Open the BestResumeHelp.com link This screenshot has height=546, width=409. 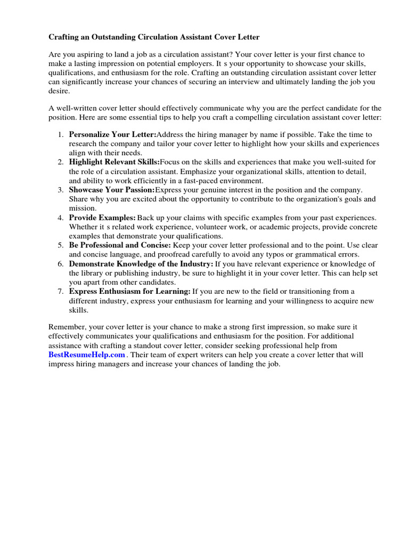point(87,355)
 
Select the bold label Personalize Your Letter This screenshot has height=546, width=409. point(112,134)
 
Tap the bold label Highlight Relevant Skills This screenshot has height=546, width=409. point(114,162)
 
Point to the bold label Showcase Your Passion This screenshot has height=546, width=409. point(111,189)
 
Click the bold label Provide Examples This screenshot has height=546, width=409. point(102,218)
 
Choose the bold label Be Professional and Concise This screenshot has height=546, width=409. point(120,245)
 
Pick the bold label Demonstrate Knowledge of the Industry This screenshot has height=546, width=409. point(141,264)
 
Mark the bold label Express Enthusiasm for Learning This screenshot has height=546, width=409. point(129,291)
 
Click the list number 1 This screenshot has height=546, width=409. point(61,134)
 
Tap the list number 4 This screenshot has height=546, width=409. point(61,218)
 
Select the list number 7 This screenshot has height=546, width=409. point(61,291)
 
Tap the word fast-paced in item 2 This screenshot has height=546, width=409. point(173,180)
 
